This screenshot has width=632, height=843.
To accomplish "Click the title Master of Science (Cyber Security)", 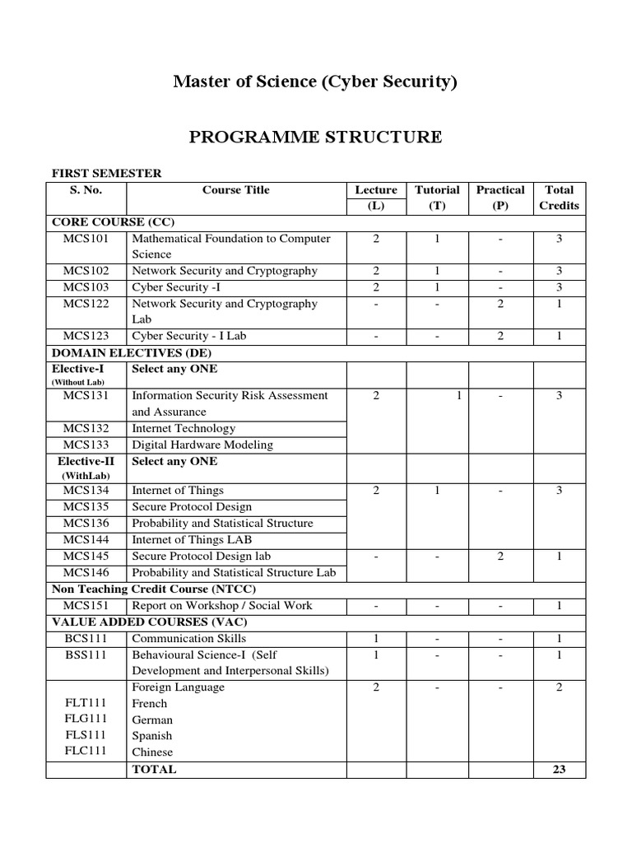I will click(x=315, y=82).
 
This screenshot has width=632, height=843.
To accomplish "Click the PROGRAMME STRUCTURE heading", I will click(x=315, y=137).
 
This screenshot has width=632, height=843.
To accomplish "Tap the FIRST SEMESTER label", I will click(x=107, y=173).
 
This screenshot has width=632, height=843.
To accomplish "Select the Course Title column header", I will click(x=235, y=190).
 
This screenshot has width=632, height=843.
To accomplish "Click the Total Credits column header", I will click(x=559, y=198).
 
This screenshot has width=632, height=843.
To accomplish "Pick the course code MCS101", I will click(x=86, y=239).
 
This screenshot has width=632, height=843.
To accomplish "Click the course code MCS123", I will click(x=86, y=336).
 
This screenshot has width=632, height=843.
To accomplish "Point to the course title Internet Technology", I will click(x=184, y=428).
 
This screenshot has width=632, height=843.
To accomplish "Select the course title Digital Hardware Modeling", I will click(x=202, y=445).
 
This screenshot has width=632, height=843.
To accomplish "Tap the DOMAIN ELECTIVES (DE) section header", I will click(x=123, y=352).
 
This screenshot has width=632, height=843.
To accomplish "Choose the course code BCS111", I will click(x=86, y=638).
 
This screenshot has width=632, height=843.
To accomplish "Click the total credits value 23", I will click(x=559, y=769).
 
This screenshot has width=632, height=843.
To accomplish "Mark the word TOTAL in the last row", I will click(x=154, y=769).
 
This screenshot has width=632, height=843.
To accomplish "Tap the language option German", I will click(x=152, y=720).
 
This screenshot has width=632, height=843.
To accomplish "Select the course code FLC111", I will click(x=86, y=752).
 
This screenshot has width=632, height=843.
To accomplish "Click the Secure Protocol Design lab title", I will click(x=201, y=556).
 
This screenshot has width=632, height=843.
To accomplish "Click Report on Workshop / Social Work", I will click(x=222, y=605).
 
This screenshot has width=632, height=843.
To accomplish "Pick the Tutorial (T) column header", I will click(x=437, y=198).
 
